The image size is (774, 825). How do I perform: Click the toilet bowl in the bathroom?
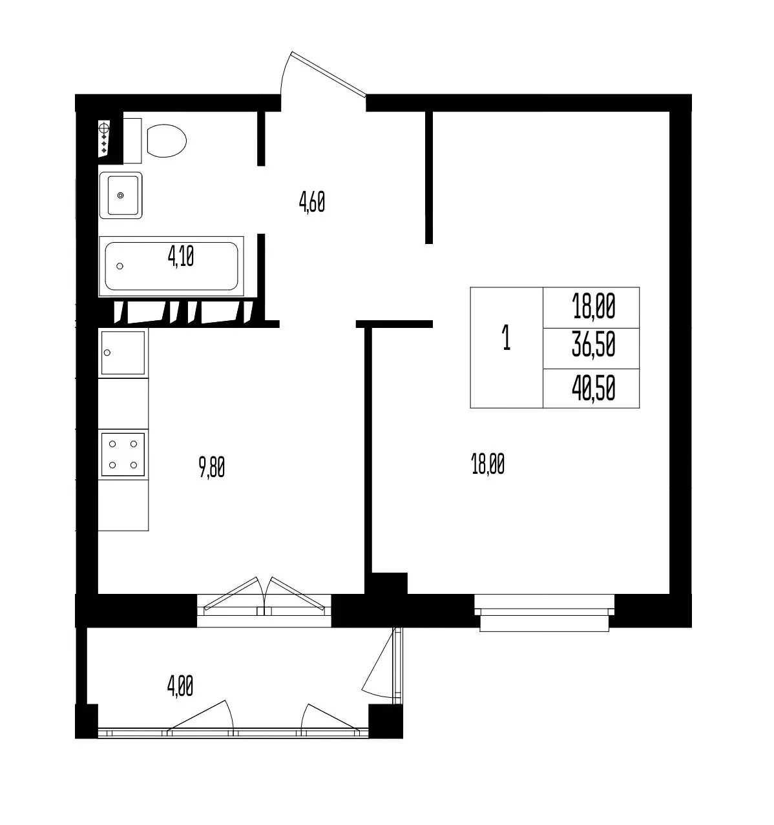pyautogui.click(x=166, y=141)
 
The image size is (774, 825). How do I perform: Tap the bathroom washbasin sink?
pyautogui.click(x=121, y=195)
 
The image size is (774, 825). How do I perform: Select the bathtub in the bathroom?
pyautogui.click(x=171, y=266)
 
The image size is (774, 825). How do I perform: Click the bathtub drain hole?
pyautogui.click(x=120, y=266)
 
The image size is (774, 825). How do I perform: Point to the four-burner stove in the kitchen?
pyautogui.click(x=123, y=454)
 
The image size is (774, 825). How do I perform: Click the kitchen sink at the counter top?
pyautogui.click(x=123, y=353)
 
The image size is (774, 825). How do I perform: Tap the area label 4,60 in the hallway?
pyautogui.click(x=312, y=202)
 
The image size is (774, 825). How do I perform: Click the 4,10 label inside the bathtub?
pyautogui.click(x=181, y=256)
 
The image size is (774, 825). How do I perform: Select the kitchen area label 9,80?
pyautogui.click(x=212, y=467)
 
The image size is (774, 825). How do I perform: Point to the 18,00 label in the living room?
pyautogui.click(x=488, y=464)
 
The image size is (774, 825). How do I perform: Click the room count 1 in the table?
pyautogui.click(x=506, y=338)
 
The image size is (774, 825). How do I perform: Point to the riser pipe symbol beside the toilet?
pyautogui.click(x=103, y=138)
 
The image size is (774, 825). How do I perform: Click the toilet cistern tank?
pyautogui.click(x=132, y=141)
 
